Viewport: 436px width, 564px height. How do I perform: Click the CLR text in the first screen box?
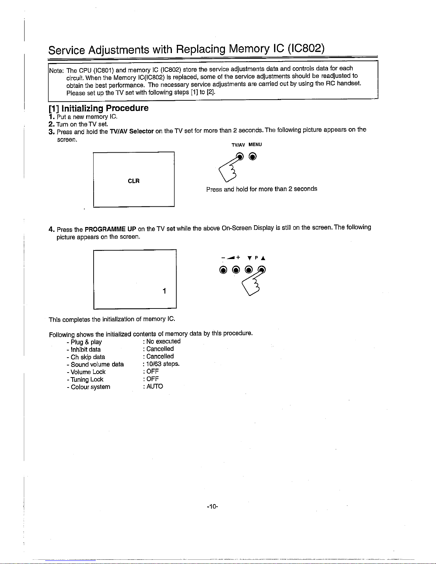click(x=134, y=181)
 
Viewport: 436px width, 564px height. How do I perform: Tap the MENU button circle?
click(x=252, y=157)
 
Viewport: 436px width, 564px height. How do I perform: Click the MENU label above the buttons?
click(x=255, y=144)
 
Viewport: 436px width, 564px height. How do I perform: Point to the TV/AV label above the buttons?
click(x=238, y=145)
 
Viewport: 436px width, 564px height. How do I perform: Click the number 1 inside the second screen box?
click(x=164, y=291)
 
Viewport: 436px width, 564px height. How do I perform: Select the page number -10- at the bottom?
click(x=212, y=506)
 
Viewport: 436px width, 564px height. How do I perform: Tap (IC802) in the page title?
click(x=306, y=48)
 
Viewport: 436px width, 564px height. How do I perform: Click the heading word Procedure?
click(x=127, y=108)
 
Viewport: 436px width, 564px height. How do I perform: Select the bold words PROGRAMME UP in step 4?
click(x=111, y=229)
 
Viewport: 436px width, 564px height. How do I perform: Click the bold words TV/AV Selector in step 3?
click(x=132, y=131)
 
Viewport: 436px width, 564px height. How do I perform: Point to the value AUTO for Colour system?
click(x=155, y=386)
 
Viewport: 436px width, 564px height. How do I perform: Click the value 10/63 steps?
click(x=163, y=364)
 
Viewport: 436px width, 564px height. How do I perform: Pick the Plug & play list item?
click(x=84, y=342)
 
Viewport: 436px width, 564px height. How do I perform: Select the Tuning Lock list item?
click(x=85, y=379)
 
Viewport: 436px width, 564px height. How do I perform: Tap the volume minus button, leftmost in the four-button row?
click(x=223, y=270)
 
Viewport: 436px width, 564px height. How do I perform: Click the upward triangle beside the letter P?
click(x=263, y=258)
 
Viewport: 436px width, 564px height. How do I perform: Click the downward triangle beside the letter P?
click(x=249, y=258)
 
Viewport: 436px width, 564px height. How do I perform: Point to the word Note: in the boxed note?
click(x=56, y=70)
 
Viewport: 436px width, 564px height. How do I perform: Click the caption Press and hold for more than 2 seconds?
click(x=262, y=189)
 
